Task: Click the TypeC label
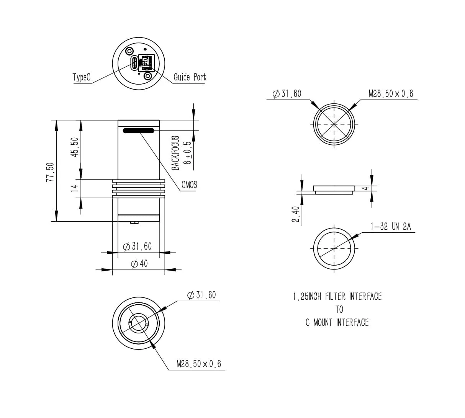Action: (x=82, y=77)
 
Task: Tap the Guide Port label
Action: (x=190, y=77)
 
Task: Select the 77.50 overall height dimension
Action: (x=50, y=172)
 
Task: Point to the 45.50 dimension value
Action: (x=75, y=147)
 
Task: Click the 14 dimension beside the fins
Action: (x=75, y=188)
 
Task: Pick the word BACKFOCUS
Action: (x=175, y=153)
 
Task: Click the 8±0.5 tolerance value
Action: (x=187, y=153)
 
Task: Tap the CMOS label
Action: (x=189, y=185)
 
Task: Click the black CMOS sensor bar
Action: (x=138, y=131)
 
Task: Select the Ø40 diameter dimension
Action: (x=139, y=264)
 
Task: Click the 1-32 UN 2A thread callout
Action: (x=391, y=226)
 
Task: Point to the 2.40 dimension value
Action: (x=296, y=214)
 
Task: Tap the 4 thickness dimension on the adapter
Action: (x=366, y=188)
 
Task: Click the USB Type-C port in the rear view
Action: (x=134, y=63)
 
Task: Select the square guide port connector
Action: (x=146, y=63)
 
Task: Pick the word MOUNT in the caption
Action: (x=323, y=322)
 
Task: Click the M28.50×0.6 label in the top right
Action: (x=391, y=94)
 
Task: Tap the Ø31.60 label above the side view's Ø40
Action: (x=137, y=246)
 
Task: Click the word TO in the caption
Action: (x=339, y=309)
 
